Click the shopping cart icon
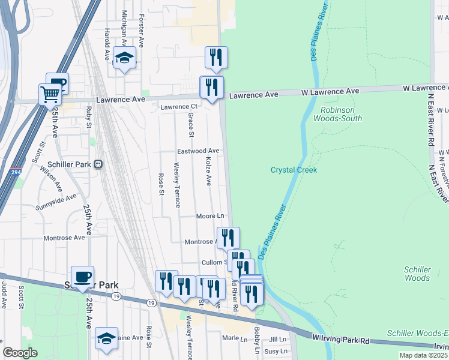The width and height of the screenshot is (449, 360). point(50,94)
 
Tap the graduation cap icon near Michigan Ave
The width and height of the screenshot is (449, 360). point(125,58)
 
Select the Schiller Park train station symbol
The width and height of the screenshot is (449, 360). point(99,164)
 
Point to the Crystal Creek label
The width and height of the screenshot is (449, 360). point(294,170)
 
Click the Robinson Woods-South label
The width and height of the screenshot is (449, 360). point(342,114)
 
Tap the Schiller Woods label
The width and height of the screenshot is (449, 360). point(417,274)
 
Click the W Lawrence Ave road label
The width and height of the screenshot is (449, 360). point(330,91)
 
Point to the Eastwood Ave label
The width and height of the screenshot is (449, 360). point(198,151)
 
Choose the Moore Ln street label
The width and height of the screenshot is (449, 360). point(210,215)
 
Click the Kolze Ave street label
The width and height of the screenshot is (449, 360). point(209,171)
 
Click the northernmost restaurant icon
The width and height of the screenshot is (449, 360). point(216,57)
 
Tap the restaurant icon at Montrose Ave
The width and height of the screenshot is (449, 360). point(228,238)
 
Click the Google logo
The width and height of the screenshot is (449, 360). point(20,353)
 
